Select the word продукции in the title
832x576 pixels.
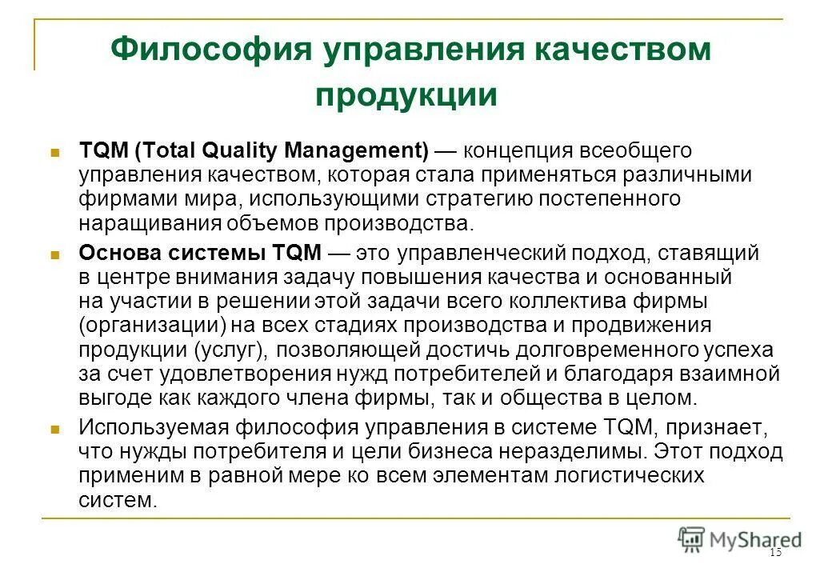click(x=406, y=95)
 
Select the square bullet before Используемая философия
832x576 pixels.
click(x=56, y=428)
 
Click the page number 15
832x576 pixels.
click(x=774, y=553)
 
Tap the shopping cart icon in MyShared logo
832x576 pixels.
click(x=691, y=538)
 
